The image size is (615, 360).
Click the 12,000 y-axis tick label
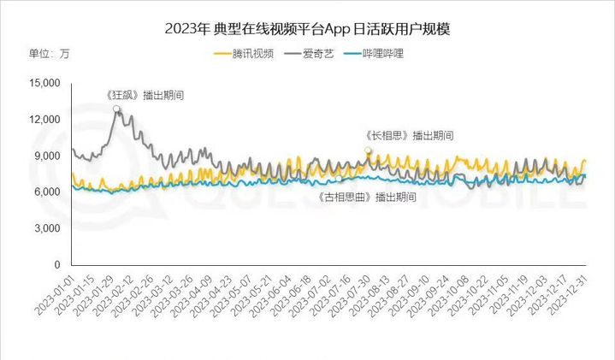[43, 119]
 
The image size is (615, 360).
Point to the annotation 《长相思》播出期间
[407, 135]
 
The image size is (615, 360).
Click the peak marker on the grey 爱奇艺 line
[116, 109]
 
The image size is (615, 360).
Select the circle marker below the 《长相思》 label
[369, 150]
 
